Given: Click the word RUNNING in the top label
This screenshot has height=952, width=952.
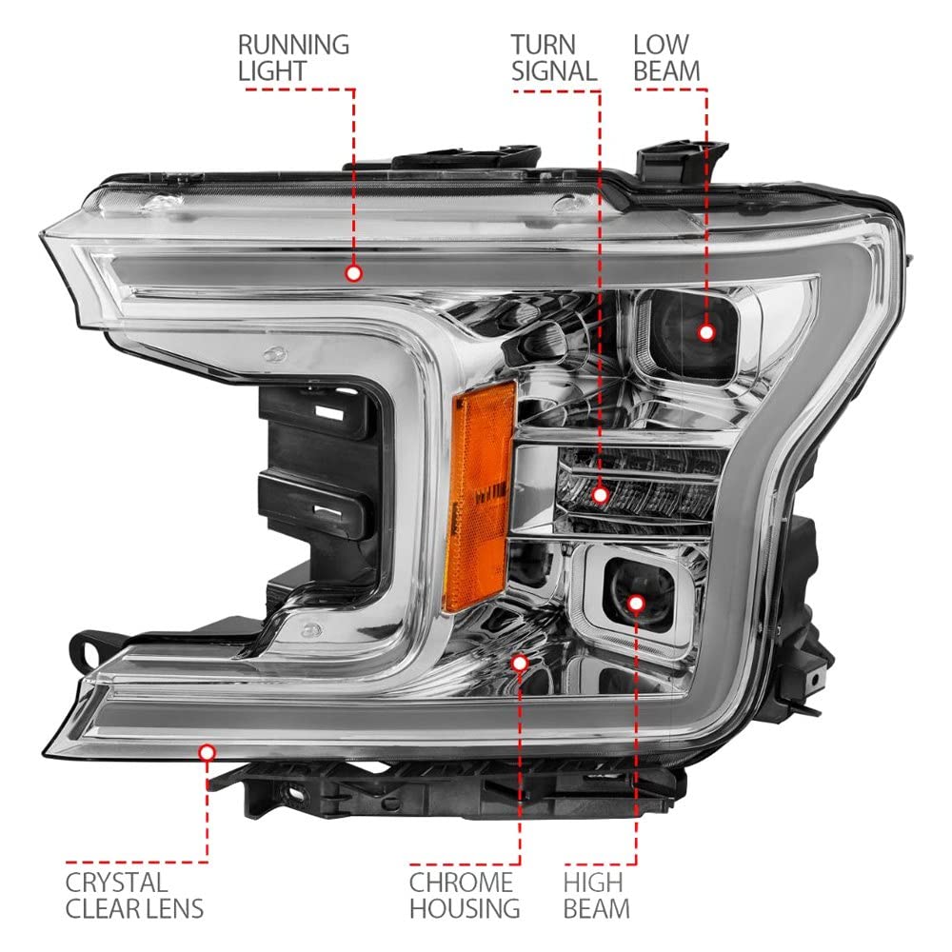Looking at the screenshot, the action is (293, 45).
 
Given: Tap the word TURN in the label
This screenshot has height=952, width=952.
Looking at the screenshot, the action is (543, 45).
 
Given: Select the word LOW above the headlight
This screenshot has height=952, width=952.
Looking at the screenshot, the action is (661, 45).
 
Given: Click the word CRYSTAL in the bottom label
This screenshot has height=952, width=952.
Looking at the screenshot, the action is (115, 883).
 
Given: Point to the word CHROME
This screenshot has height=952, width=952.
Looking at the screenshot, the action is (461, 883).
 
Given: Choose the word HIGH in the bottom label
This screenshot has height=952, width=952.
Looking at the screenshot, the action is (592, 883).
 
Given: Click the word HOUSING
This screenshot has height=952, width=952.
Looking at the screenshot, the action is (465, 909).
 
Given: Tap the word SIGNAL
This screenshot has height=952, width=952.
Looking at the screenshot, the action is (554, 71).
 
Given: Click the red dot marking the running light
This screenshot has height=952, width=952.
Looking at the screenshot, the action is (353, 273).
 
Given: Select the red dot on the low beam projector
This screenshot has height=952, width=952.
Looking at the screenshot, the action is (706, 332).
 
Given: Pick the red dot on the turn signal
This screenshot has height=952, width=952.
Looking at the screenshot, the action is (601, 495).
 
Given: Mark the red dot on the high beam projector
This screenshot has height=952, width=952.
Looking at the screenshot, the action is (636, 603).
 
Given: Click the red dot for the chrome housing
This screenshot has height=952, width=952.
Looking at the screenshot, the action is (519, 663).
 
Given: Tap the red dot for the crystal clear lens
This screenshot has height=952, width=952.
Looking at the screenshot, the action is (207, 753).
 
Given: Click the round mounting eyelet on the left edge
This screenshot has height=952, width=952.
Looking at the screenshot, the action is (85, 649).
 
